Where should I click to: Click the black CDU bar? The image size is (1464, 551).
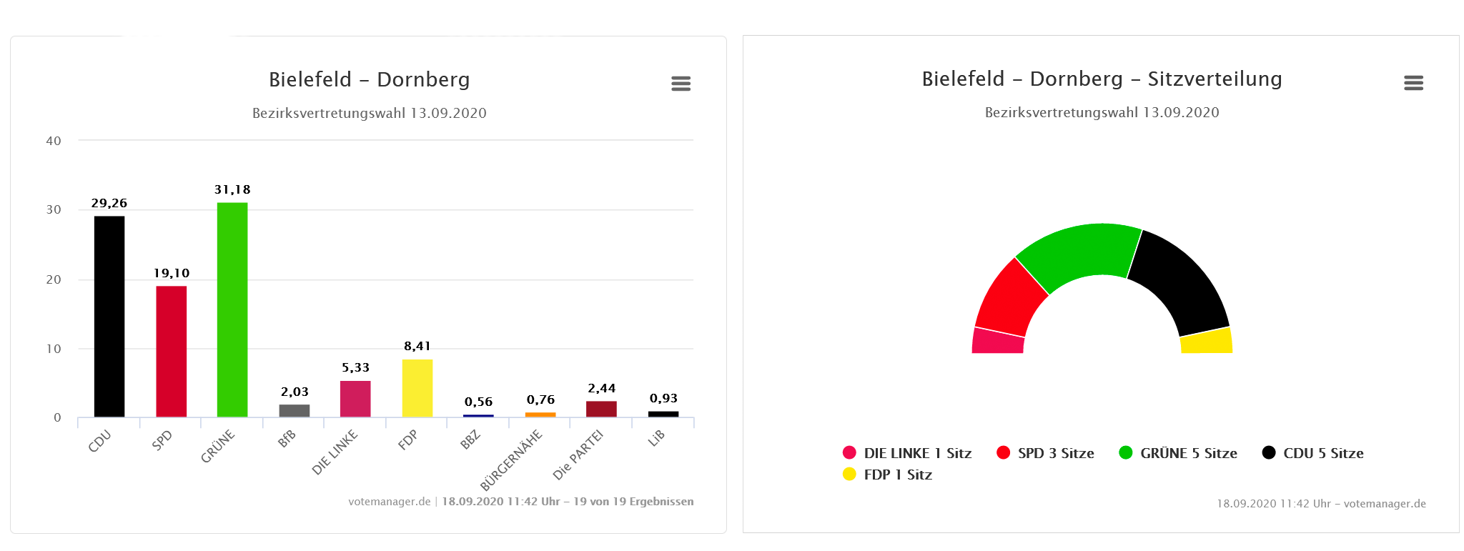point(109,316)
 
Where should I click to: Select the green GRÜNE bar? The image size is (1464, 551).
point(232,309)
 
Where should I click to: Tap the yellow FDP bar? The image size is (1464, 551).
point(417,388)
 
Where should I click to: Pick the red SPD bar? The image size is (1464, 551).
point(172,351)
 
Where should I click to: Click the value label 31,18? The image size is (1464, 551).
point(232,189)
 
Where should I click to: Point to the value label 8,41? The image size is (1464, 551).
point(417,346)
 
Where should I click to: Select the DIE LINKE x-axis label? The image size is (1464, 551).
point(335,452)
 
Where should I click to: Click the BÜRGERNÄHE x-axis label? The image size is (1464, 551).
point(511,460)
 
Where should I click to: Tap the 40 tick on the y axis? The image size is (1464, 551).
point(54,141)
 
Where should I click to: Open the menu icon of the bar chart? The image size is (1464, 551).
point(681,84)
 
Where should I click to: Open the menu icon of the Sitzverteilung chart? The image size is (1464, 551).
point(1413,83)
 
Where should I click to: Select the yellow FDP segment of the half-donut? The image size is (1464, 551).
point(1207,342)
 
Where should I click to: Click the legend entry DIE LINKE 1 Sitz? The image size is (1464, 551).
point(907,453)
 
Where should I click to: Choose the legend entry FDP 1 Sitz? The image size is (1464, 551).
point(888,475)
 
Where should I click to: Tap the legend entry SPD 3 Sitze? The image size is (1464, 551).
point(1045,453)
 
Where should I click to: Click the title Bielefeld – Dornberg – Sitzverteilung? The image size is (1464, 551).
point(1102,79)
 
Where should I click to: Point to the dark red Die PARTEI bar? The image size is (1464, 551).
point(601,409)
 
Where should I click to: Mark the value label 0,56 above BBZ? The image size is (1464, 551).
point(478,402)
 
